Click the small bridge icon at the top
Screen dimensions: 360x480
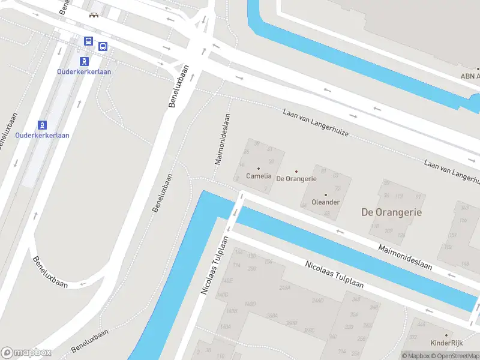[93, 15]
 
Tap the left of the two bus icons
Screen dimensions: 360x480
[88, 41]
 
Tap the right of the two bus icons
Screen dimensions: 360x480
[103, 46]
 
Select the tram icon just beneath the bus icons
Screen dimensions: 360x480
[85, 61]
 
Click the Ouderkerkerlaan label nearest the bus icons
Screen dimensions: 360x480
[84, 71]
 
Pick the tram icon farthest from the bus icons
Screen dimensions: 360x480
[43, 125]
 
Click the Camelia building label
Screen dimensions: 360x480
[259, 176]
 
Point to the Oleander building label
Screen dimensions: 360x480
[326, 202]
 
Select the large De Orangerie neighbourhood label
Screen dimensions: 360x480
[391, 212]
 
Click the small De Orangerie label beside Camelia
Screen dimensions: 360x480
[296, 179]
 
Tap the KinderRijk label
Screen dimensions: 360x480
[447, 343]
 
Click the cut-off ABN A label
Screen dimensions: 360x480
[470, 76]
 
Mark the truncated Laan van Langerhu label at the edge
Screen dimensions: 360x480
[451, 171]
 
